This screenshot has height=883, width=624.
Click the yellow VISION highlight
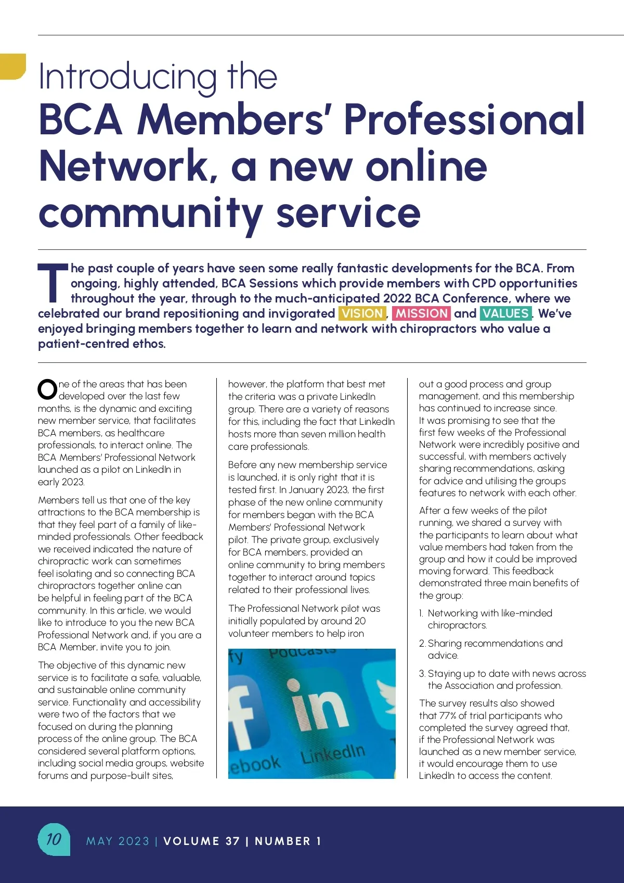click(x=362, y=313)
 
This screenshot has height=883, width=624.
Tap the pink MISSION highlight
click(x=421, y=313)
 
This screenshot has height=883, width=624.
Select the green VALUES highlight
click(x=505, y=313)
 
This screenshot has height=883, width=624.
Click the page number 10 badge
click(x=54, y=839)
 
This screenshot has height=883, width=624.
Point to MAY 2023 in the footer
click(x=118, y=841)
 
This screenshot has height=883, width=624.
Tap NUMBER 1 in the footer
click(x=288, y=841)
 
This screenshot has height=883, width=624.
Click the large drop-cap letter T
click(x=53, y=283)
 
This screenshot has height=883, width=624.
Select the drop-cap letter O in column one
click(x=47, y=390)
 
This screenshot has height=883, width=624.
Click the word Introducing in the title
click(x=127, y=77)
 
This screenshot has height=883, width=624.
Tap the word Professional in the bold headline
click(x=464, y=120)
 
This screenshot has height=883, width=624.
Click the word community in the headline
click(x=151, y=213)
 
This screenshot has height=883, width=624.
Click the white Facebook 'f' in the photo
click(x=244, y=718)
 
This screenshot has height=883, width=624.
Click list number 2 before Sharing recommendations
click(x=422, y=644)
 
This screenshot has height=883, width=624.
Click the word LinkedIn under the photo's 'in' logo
click(x=333, y=753)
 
